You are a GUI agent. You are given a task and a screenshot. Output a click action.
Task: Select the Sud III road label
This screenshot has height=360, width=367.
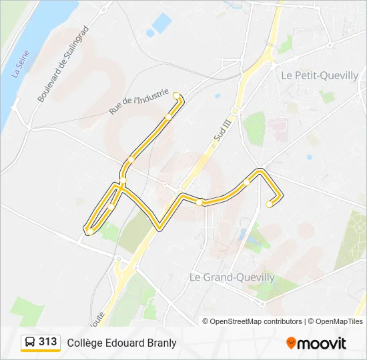[x=221, y=126]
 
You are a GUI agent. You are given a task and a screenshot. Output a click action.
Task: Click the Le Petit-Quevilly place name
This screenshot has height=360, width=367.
[x=320, y=75]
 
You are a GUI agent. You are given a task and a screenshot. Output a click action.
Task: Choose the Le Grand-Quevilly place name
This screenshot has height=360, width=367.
[x=232, y=277]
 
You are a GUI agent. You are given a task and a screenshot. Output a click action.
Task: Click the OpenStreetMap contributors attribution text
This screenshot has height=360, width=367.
[x=256, y=321]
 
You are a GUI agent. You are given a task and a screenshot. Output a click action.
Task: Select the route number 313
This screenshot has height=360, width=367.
[x=48, y=342]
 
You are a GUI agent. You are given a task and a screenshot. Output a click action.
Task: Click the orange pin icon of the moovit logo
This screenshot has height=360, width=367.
[x=292, y=343]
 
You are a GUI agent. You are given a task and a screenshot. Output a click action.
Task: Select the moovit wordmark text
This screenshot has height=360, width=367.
[x=323, y=343]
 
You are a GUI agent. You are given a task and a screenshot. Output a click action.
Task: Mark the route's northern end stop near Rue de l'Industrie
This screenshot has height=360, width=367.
[x=176, y=95]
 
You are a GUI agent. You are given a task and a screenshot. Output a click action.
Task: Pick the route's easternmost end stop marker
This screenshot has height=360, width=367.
[x=269, y=205]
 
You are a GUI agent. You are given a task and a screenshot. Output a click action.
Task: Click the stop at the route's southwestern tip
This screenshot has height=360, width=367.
[x=87, y=231]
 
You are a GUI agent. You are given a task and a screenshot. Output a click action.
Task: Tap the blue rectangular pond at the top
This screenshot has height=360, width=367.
[x=161, y=23]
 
